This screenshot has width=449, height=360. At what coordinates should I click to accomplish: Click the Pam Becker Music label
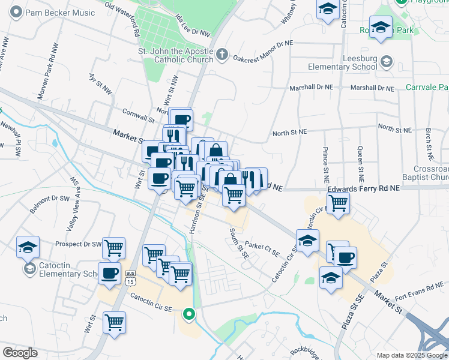pyautogui.click(x=60, y=13)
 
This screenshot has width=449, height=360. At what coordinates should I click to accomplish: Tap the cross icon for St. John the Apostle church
pyautogui.click(x=221, y=55)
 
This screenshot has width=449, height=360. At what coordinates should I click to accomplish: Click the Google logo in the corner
pyautogui.click(x=20, y=352)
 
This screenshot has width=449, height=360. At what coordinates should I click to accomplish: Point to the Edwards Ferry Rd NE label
pyautogui.click(x=363, y=188)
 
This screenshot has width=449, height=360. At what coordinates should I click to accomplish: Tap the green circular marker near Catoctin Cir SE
pyautogui.click(x=189, y=314)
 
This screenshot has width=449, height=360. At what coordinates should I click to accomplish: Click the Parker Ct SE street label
pyautogui.click(x=262, y=248)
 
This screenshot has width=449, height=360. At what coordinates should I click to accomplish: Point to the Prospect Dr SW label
pyautogui.click(x=78, y=244)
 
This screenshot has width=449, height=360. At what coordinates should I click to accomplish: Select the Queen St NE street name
pyautogui.click(x=360, y=165)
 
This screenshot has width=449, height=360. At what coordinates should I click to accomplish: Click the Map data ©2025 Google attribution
pyautogui.click(x=411, y=355)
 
